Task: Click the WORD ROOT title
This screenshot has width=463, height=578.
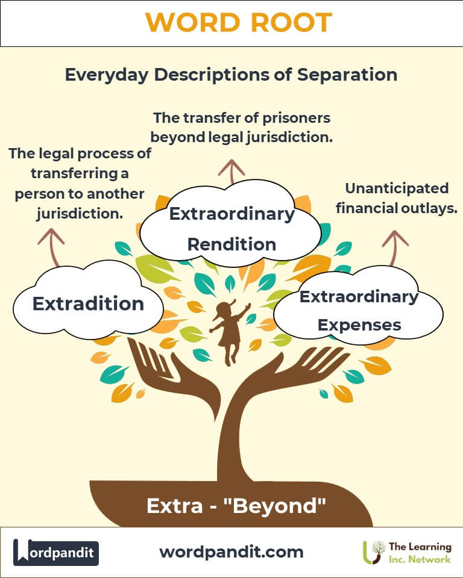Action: click(239, 22)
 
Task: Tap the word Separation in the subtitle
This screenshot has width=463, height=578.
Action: click(347, 75)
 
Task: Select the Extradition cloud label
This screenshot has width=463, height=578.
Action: click(88, 303)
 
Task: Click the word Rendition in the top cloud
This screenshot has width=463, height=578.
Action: click(232, 244)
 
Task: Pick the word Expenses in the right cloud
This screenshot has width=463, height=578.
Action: click(359, 325)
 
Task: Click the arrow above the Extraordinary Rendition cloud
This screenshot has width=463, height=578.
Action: click(231, 172)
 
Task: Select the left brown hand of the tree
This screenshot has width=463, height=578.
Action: click(174, 376)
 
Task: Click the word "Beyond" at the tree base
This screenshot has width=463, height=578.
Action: click(275, 506)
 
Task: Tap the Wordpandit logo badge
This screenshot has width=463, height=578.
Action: click(56, 552)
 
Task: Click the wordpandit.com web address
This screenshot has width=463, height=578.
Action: click(231, 552)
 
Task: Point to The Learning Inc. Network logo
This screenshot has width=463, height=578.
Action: click(407, 553)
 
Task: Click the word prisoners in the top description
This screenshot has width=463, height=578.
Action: click(296, 119)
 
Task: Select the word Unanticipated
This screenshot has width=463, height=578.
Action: click(397, 188)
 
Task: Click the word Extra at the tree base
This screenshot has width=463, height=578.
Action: click(175, 506)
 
